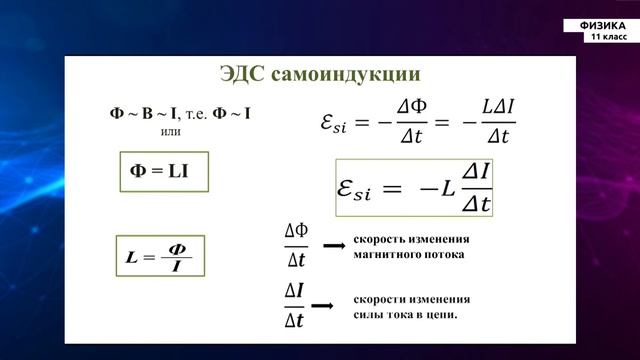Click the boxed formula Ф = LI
[160, 171]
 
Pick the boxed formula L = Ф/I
[160, 257]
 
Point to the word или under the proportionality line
[171, 131]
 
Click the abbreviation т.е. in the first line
[199, 114]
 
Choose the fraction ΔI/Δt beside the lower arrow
[297, 305]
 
